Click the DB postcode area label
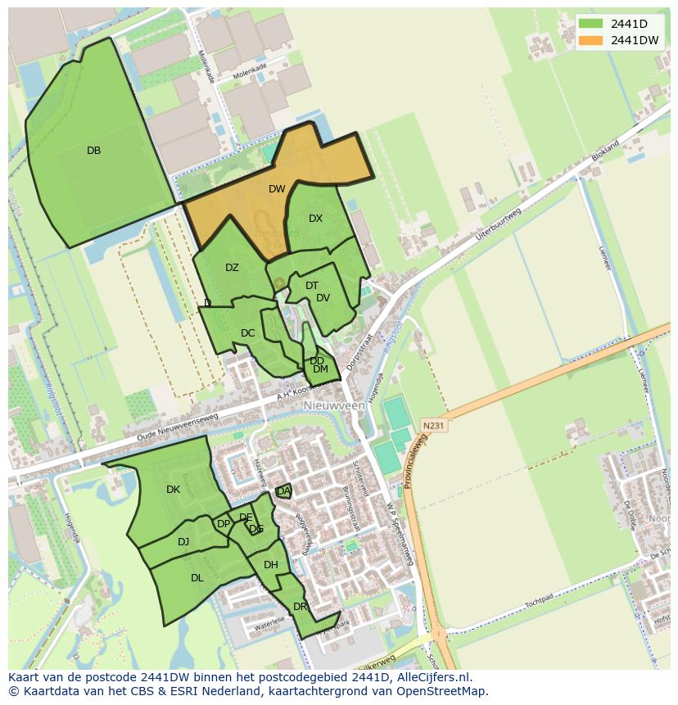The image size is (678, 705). (93, 151)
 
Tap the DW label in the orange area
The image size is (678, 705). (277, 189)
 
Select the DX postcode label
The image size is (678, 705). (316, 219)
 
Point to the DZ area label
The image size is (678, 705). (232, 268)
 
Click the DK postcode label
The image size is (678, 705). (173, 490)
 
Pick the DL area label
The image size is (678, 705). (197, 578)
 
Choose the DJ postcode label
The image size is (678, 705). (183, 541)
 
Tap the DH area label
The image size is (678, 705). (271, 565)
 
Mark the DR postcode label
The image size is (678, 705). (300, 607)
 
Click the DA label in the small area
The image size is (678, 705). (283, 491)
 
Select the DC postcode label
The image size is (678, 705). (248, 333)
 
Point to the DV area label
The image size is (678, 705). (323, 298)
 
